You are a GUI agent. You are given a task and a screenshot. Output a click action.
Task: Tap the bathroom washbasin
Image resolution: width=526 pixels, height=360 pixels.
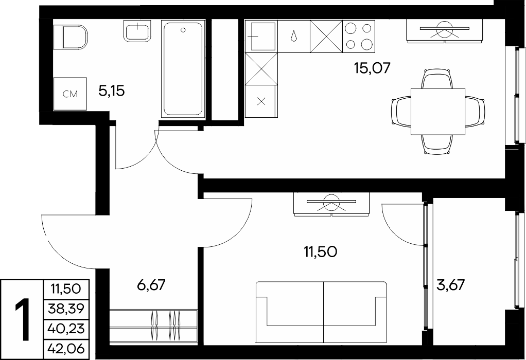click(137, 31)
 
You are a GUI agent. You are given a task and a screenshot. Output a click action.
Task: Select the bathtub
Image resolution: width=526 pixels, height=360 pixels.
click(183, 69)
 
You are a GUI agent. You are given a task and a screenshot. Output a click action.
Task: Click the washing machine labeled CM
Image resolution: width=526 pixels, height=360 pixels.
click(70, 94)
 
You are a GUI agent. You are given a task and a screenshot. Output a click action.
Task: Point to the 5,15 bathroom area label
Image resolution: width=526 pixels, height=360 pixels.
click(112, 91)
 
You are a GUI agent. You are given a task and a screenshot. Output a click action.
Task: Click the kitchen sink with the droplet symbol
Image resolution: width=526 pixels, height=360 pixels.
click(294, 36)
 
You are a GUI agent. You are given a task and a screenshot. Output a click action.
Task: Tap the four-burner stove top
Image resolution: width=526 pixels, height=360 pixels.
click(359, 36)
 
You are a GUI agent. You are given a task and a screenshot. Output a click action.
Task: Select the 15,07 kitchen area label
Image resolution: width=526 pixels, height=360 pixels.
click(372, 68)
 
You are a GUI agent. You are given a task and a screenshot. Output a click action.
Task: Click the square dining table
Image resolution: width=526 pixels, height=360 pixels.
click(438, 112)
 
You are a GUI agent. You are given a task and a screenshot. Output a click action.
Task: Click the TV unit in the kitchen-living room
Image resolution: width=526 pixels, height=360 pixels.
click(445, 31)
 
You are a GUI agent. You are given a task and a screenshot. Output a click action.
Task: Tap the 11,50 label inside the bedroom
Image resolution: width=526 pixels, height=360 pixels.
click(320, 251)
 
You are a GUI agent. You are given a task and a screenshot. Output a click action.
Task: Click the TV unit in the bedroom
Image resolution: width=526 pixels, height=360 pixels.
click(331, 204)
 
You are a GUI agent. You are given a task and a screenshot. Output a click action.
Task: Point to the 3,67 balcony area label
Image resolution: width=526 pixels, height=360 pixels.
click(451, 285)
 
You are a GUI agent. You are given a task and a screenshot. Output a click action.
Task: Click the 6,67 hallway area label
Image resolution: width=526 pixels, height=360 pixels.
click(152, 285)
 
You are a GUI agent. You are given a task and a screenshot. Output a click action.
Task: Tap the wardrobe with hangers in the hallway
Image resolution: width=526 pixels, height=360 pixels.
click(153, 327)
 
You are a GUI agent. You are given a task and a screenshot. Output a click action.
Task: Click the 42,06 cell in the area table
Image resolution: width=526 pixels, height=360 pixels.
click(66, 349)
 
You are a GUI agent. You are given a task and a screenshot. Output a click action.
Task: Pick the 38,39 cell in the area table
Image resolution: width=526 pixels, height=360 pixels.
click(66, 309)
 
